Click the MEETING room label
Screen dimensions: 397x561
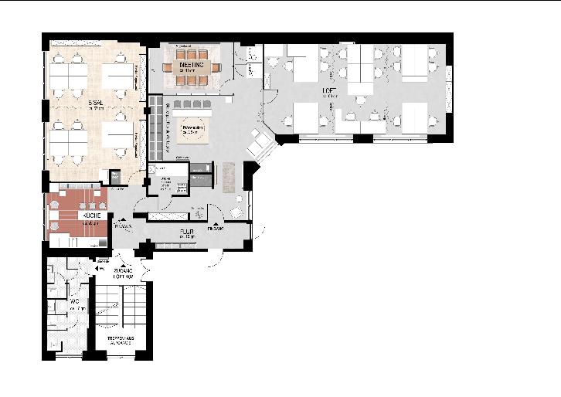click(x=192, y=66)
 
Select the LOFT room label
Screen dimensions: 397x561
click(x=330, y=91)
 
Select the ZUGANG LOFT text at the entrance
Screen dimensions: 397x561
click(x=124, y=273)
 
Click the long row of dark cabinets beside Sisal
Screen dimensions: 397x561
click(x=155, y=127)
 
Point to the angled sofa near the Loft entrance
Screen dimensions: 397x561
click(x=260, y=141)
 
